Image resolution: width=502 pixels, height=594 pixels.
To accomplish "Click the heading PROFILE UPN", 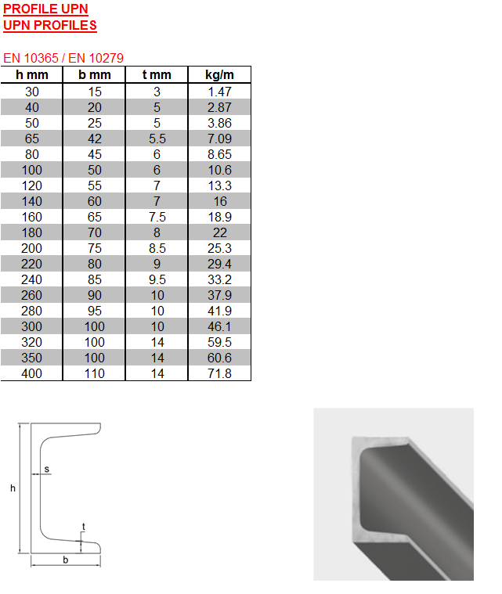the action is pos(45,9).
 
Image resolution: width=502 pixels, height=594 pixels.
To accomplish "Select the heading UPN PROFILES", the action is pos(50,25).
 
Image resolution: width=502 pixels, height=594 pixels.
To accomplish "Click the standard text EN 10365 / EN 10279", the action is pos(63,58).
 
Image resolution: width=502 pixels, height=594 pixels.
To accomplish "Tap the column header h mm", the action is pos(32,74).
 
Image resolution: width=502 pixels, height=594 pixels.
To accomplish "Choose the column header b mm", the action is pos(95,74).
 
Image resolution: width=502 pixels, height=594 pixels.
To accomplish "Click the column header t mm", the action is pos(157,74).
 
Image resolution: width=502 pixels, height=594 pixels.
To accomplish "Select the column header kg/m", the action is pos(219,74).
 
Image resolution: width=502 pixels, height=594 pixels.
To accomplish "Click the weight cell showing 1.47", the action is pos(219,92).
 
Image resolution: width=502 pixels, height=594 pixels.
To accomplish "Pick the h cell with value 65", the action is pos(32,139).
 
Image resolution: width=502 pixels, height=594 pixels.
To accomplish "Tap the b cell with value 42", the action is pos(95,139).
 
